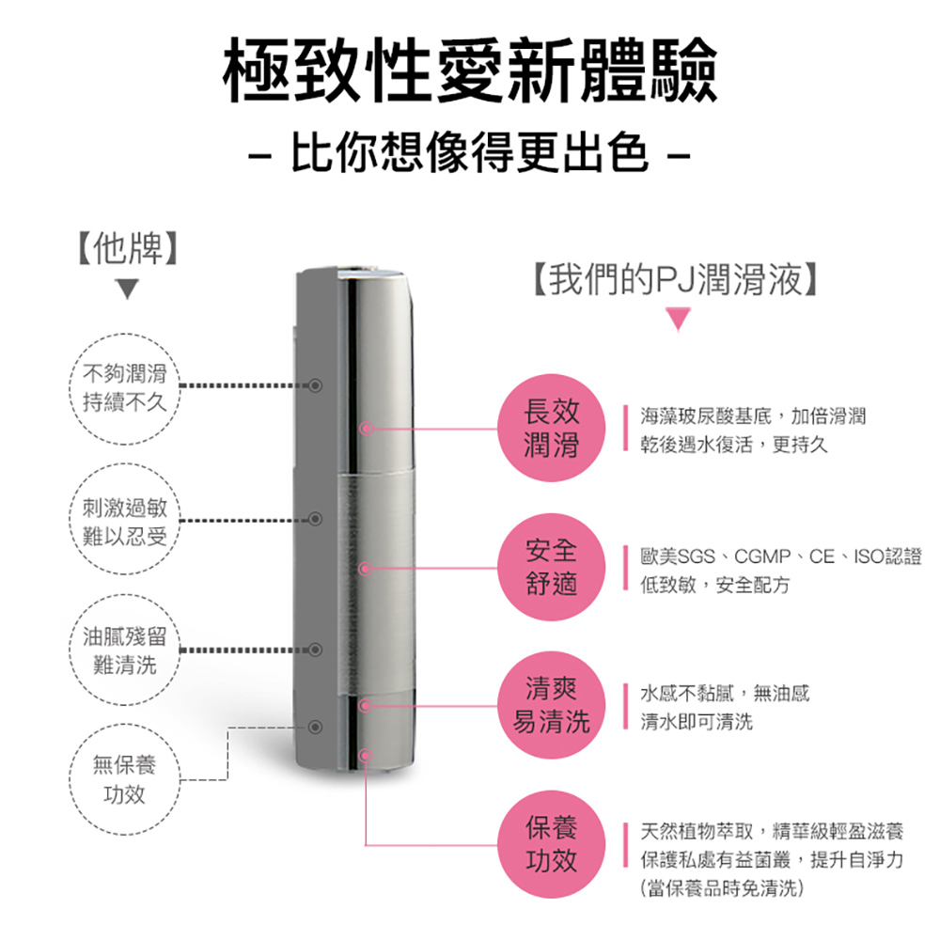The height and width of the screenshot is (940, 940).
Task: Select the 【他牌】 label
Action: point(126,245)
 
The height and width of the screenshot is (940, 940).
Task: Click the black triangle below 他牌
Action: point(126,290)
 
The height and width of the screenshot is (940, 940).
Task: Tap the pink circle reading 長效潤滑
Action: point(552,428)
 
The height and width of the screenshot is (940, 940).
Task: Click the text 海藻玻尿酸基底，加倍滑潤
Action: point(752,415)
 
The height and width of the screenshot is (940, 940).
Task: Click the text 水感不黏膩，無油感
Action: point(724,694)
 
